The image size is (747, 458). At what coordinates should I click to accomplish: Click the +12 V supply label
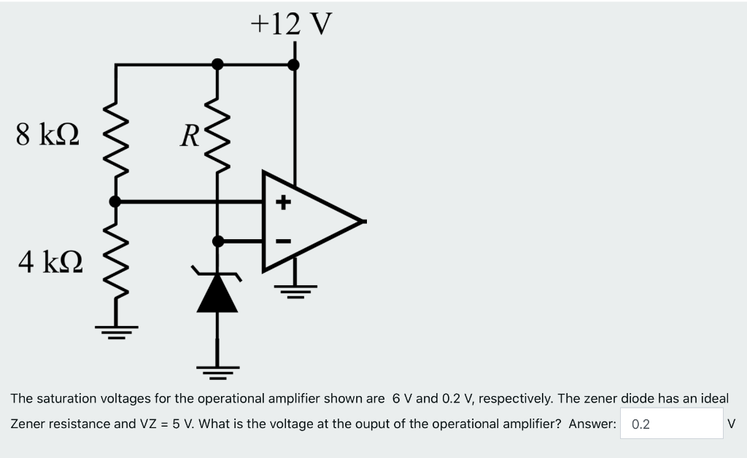[x=291, y=23]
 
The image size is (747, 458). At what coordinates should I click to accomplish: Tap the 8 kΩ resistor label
[x=49, y=134]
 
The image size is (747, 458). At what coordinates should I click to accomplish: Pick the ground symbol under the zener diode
[x=217, y=372]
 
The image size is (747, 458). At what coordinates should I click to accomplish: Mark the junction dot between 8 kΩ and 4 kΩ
[x=115, y=201]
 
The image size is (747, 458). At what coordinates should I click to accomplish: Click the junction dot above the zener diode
[x=217, y=240]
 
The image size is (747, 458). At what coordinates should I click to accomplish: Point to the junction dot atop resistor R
[x=217, y=64]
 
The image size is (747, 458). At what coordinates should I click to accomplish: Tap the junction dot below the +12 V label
[x=294, y=64]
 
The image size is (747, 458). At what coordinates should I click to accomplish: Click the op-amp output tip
[x=362, y=221]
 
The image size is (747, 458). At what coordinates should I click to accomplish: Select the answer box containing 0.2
[x=671, y=424]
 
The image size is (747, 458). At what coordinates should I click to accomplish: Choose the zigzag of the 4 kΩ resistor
[x=115, y=263]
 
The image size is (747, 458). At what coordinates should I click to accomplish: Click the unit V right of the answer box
[x=732, y=424]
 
